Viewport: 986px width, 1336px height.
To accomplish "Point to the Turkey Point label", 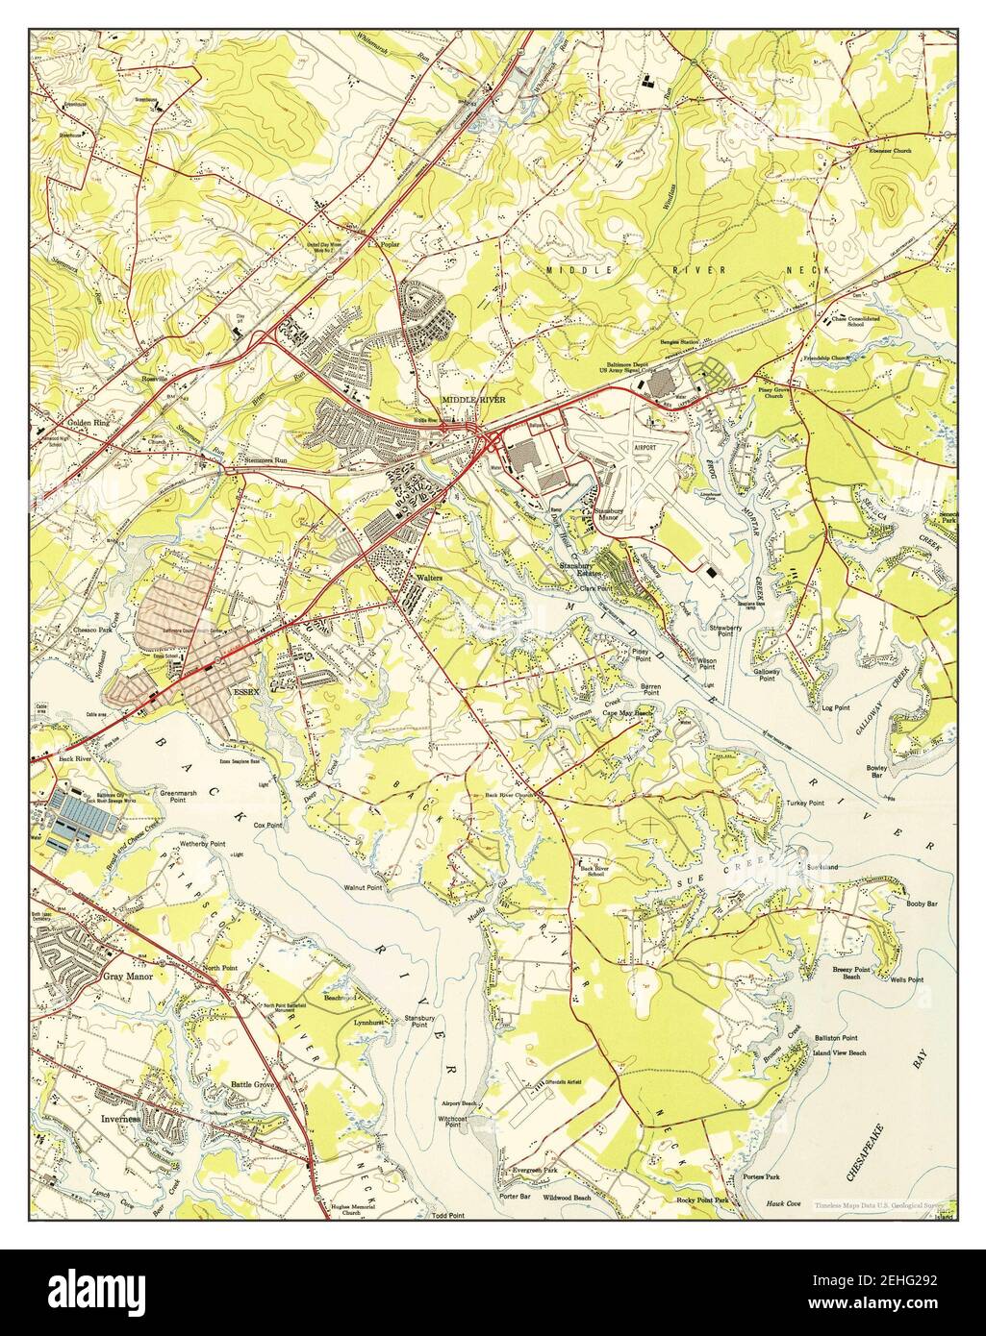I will coord(804,803).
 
